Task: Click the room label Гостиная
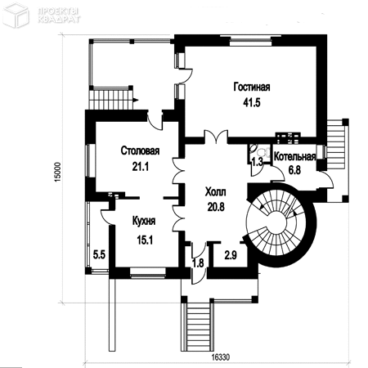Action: pos(252,87)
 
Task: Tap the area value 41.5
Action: pos(252,102)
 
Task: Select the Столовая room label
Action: pos(140,150)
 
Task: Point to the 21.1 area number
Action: pos(141,166)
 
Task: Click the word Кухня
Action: pos(144,221)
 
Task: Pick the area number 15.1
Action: pos(145,240)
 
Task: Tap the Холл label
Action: pos(216,192)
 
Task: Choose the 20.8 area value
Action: pos(216,207)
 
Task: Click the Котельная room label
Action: pos(294,156)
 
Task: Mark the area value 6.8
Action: pos(294,170)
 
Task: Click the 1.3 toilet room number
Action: pos(257,162)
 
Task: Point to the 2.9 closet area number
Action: pos(231,255)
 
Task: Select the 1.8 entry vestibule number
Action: pos(198,263)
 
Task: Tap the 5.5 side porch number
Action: pos(99,254)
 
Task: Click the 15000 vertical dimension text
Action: pos(58,173)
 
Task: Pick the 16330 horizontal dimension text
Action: pos(221,357)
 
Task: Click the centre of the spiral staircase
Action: pos(277,223)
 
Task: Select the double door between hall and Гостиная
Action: pos(217,137)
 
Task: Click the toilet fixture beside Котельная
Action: pos(265,150)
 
